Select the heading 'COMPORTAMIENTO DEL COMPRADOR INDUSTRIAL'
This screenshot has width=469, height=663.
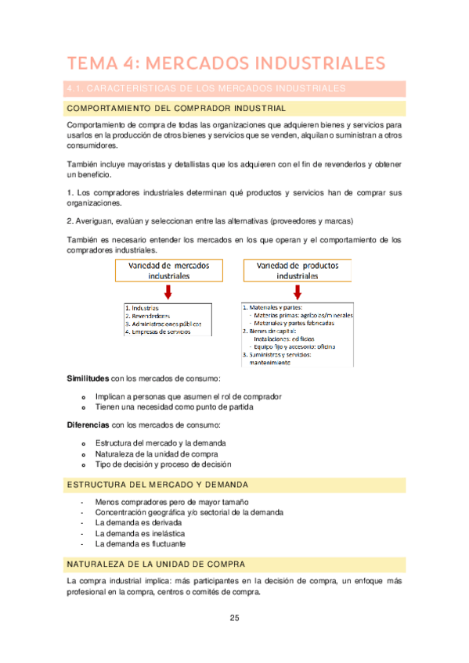tap(176, 108)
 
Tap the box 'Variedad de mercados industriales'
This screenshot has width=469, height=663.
tap(168, 271)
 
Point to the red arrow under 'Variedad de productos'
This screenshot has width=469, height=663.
tap(298, 292)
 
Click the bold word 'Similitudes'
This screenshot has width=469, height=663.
tap(88, 378)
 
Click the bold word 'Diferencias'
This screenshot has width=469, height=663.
tap(88, 425)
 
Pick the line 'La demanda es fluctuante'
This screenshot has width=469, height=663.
tap(140, 543)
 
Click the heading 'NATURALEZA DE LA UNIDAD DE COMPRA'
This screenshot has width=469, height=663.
tap(157, 564)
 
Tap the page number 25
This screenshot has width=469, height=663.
tap(234, 618)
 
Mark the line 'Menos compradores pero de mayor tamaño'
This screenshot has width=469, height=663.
tap(171, 501)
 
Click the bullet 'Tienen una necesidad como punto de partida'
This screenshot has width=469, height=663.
tap(174, 407)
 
